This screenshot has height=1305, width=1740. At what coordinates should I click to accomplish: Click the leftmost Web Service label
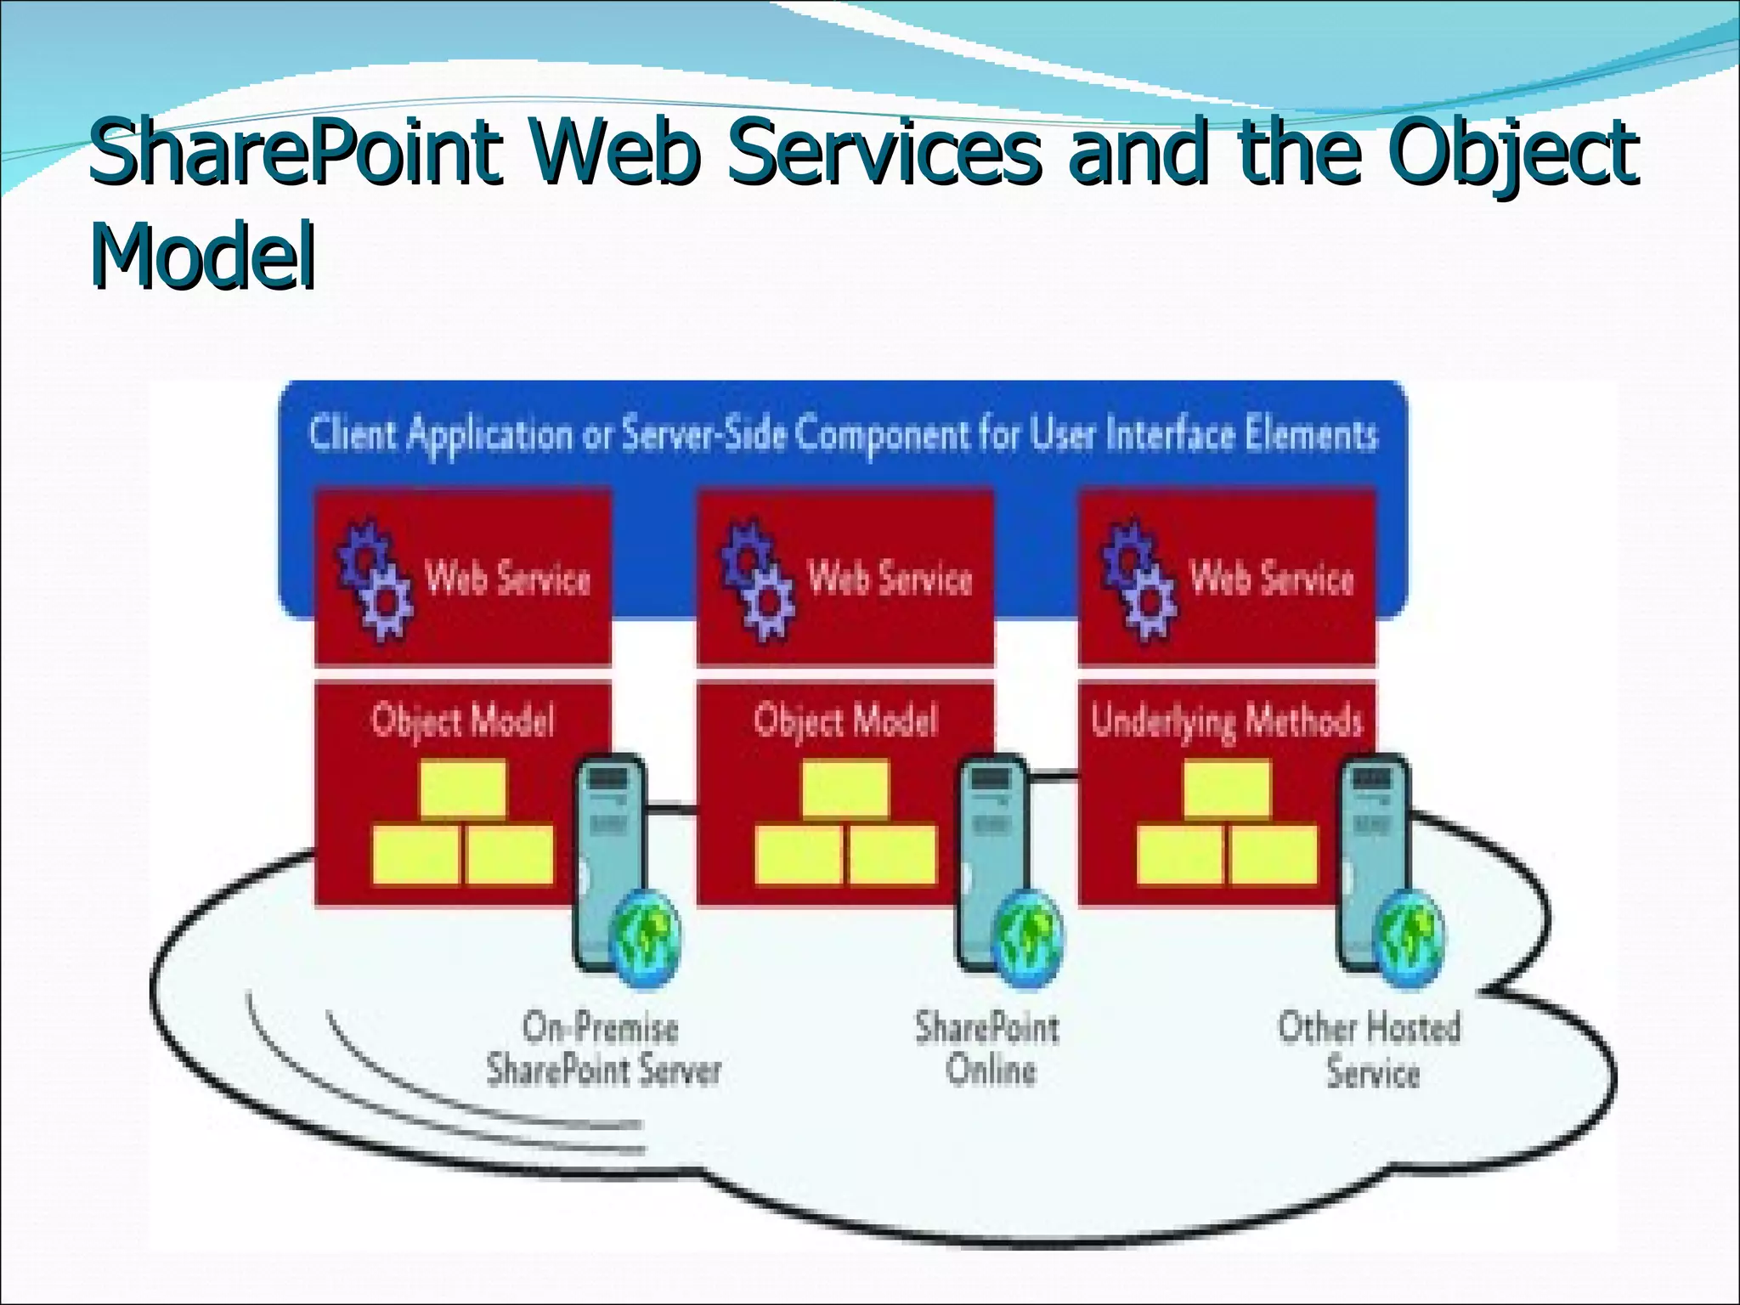(x=507, y=578)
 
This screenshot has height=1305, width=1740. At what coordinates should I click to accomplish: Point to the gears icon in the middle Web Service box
(x=757, y=579)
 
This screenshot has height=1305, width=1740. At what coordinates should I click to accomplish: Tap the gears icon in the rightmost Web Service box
(x=1138, y=579)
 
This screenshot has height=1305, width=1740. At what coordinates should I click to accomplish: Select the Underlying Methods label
(x=1227, y=720)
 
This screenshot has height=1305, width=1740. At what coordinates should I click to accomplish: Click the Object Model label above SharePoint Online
(x=845, y=720)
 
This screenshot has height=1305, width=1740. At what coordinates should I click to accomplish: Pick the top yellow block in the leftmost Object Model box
(x=463, y=788)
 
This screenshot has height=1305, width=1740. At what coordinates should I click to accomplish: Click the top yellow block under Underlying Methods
(x=1227, y=788)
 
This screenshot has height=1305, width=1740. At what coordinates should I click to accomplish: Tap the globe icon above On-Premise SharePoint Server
(x=647, y=939)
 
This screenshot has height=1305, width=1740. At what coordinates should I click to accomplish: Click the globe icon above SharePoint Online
(x=1029, y=939)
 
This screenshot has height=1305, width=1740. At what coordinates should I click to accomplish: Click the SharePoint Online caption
(x=988, y=1048)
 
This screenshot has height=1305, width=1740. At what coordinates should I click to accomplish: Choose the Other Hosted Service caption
(x=1370, y=1048)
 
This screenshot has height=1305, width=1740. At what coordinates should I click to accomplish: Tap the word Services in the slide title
(x=884, y=153)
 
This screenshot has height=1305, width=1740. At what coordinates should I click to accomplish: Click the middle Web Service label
(x=890, y=578)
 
